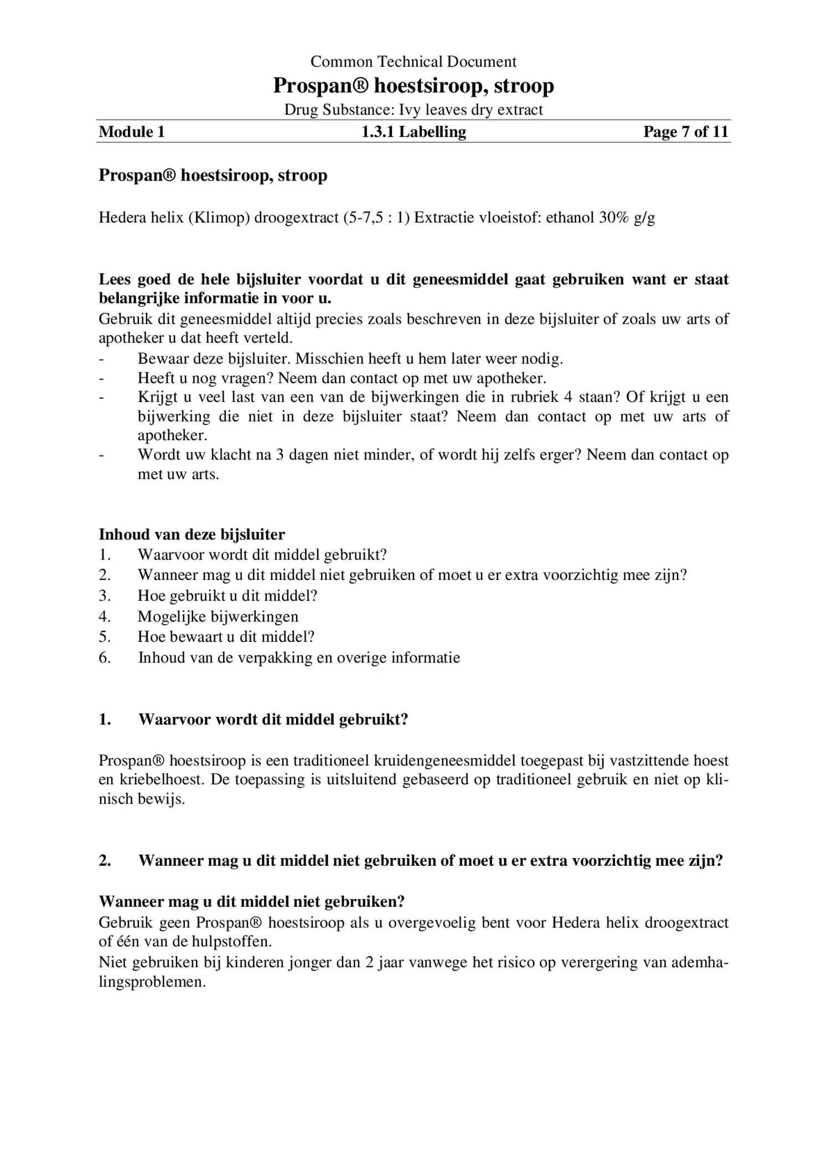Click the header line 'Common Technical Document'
[x=413, y=61]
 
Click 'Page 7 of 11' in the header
[x=685, y=132]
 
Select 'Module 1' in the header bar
[x=132, y=132]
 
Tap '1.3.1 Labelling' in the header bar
[x=413, y=132]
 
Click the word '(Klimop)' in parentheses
[x=219, y=217]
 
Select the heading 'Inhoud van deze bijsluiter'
[x=192, y=535]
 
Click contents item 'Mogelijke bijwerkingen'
[x=218, y=617]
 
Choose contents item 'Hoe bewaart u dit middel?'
[x=226, y=637]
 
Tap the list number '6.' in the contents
[x=105, y=658]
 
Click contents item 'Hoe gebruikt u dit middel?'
[x=227, y=596]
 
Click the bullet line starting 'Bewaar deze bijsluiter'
[x=350, y=359]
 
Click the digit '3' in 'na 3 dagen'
[x=280, y=455]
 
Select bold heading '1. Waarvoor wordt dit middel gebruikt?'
[x=254, y=720]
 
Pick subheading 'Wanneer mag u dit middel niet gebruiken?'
[x=251, y=902]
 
